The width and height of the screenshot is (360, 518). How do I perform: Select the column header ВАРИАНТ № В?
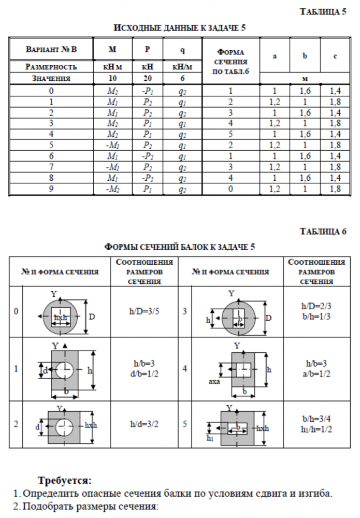point(51,50)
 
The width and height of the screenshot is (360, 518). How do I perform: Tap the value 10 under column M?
point(112,79)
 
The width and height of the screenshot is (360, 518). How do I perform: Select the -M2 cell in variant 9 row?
point(112,190)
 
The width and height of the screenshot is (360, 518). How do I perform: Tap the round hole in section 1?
point(64,370)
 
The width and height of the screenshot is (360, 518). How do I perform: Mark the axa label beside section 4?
point(214,382)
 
